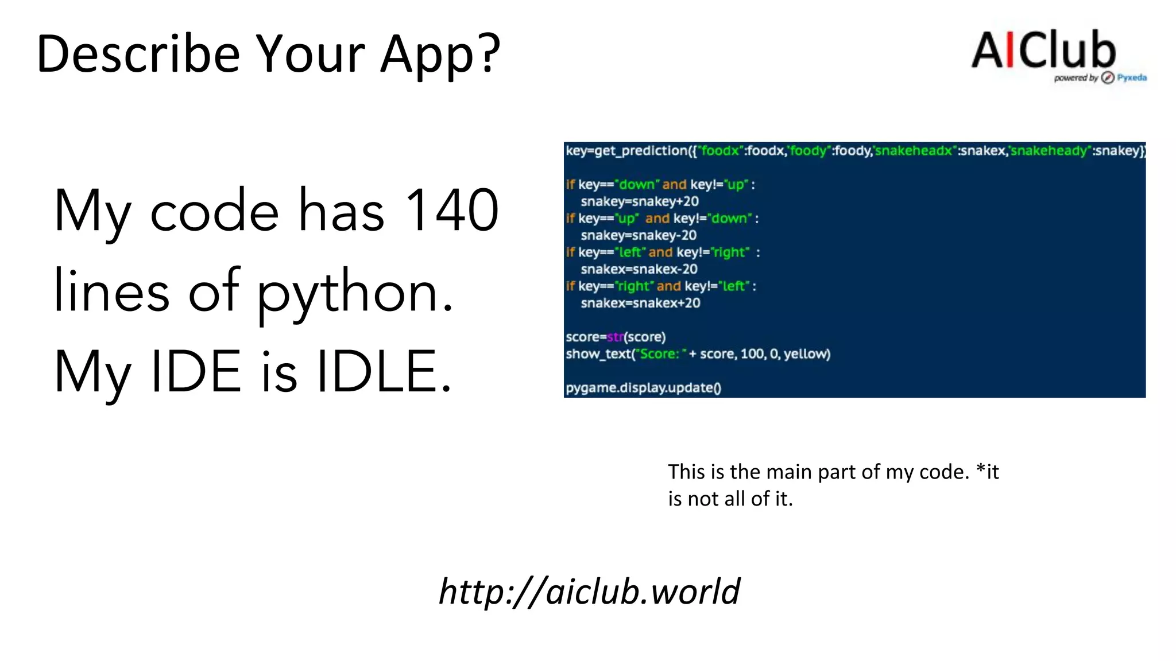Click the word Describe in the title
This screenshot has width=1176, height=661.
pyautogui.click(x=138, y=54)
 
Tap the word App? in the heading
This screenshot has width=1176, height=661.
pyautogui.click(x=440, y=55)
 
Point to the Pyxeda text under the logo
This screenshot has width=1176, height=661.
pyautogui.click(x=1132, y=77)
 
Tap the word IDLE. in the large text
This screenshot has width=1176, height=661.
pyautogui.click(x=384, y=372)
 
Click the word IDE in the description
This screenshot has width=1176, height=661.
pyautogui.click(x=196, y=372)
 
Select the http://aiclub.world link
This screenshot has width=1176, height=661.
pyautogui.click(x=589, y=591)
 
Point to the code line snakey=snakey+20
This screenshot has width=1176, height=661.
pyautogui.click(x=640, y=201)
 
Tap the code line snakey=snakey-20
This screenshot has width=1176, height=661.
pyautogui.click(x=639, y=235)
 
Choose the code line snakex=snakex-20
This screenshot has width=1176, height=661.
pyautogui.click(x=639, y=269)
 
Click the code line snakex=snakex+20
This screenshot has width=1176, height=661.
pyautogui.click(x=640, y=303)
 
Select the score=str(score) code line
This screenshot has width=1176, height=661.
pyautogui.click(x=616, y=337)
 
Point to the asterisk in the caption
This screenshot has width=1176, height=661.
pyautogui.click(x=981, y=471)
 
